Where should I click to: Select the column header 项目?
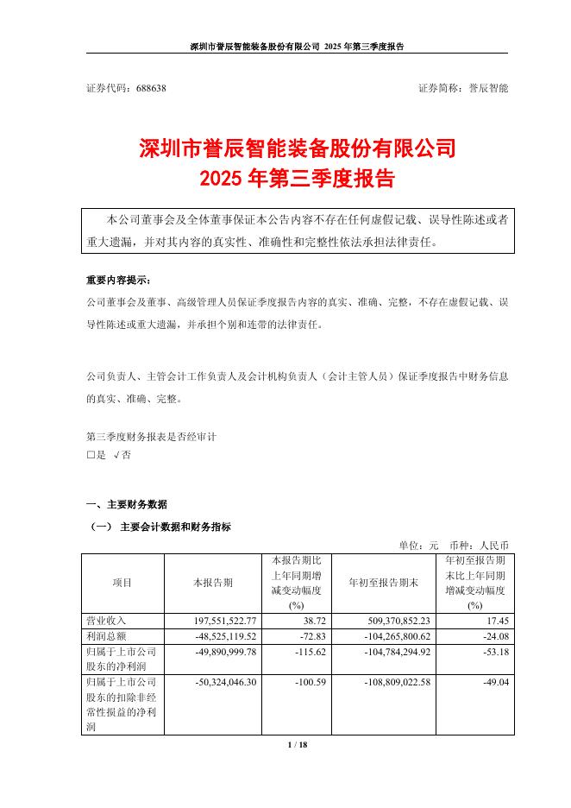pyautogui.click(x=122, y=583)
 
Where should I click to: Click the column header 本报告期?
pyautogui.click(x=212, y=583)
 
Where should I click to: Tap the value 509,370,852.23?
pyautogui.click(x=384, y=620)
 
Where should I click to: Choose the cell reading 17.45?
pyautogui.click(x=492, y=620)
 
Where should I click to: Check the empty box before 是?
pyautogui.click(x=91, y=455)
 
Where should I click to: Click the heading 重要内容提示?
pyautogui.click(x=116, y=282)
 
